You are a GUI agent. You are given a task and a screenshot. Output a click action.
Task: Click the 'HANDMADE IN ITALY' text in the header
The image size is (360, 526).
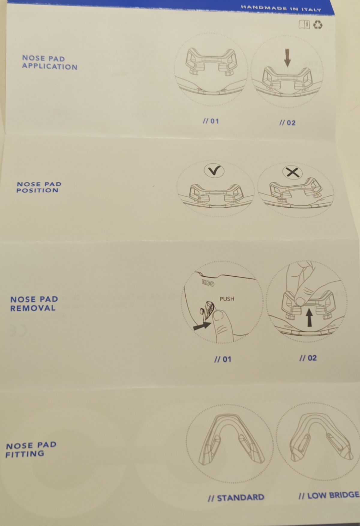[x=281, y=8]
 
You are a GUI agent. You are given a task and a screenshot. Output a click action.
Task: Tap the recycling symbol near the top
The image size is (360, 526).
[x=318, y=24]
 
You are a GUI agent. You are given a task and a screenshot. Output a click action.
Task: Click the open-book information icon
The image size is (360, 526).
[x=304, y=24]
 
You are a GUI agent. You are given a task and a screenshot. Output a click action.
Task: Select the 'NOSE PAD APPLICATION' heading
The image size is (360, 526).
[x=49, y=62]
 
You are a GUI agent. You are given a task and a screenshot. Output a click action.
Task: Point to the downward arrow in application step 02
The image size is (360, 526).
[x=287, y=58]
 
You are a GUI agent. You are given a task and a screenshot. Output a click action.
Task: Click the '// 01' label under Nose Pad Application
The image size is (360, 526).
[x=211, y=121]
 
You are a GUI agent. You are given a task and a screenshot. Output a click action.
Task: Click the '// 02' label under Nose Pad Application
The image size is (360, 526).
[x=287, y=123]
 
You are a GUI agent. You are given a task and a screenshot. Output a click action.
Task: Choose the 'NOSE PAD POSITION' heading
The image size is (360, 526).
[x=39, y=187]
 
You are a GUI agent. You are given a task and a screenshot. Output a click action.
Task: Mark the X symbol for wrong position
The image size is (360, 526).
[x=293, y=172]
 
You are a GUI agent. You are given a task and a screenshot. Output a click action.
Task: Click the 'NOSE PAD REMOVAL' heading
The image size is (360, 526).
[x=34, y=304]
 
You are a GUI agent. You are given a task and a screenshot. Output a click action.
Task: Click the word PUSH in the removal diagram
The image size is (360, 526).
[x=227, y=299]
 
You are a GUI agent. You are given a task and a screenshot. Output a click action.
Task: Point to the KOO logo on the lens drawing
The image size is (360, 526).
[x=208, y=282]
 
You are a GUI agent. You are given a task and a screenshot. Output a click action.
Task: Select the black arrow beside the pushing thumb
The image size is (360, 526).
[x=202, y=326]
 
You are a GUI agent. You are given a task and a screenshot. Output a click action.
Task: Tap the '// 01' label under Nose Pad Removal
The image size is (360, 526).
[x=223, y=359]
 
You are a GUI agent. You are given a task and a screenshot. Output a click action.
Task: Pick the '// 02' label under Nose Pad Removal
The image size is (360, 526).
[x=308, y=358]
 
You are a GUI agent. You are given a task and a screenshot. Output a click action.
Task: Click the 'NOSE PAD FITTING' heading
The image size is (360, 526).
[x=31, y=450]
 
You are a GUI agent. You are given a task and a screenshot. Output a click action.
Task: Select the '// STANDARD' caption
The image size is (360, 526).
[x=236, y=498]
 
